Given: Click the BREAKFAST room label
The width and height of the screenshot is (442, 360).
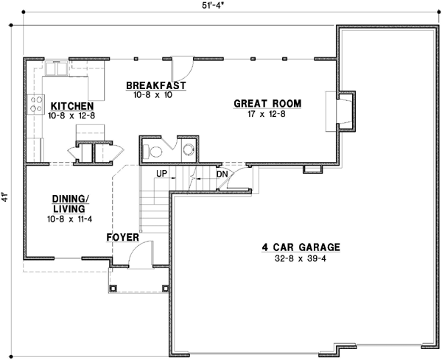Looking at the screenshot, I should [155, 85].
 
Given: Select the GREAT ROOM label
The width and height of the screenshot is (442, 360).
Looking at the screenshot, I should [268, 104].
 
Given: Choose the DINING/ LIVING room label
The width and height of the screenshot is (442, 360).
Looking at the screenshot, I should [71, 203].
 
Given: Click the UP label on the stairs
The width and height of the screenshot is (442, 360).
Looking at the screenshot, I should [163, 174].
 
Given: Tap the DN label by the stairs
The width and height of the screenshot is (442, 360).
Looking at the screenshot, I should [221, 174].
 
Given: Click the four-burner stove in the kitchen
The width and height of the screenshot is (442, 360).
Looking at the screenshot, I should [34, 105].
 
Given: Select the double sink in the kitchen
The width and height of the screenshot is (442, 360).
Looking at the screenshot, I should [55, 68].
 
